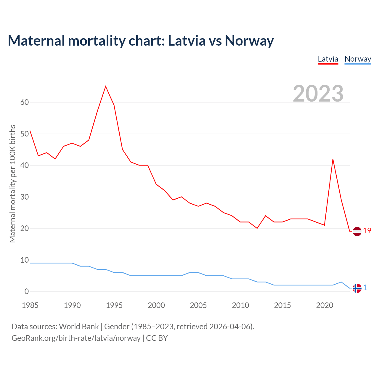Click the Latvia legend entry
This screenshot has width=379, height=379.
coord(328,59)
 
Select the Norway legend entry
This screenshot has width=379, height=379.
coord(358,59)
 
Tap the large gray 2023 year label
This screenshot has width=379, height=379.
coord(318,94)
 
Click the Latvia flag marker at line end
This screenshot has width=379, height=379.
coord(357,231)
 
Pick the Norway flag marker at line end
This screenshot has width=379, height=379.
coord(357,288)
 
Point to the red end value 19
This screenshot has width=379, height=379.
coord(367,231)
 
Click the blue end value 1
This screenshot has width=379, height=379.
coord(365,288)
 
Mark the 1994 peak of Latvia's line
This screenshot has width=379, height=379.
coord(106,86)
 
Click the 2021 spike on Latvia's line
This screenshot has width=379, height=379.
coord(333,159)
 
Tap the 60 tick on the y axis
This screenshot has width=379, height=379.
coord(25,102)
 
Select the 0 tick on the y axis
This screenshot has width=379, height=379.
coord(27,292)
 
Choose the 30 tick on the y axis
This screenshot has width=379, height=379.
coord(25,197)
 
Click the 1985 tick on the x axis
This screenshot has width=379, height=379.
coord(30,305)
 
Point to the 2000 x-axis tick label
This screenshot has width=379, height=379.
coord(156,305)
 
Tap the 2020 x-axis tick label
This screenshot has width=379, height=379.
coord(325,305)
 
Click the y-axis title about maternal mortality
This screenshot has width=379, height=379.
coord(12,184)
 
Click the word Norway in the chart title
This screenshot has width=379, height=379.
coord(249,41)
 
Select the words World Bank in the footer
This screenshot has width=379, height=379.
coord(79,327)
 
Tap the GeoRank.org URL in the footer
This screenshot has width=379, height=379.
coord(76,338)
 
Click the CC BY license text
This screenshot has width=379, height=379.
coord(157,338)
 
